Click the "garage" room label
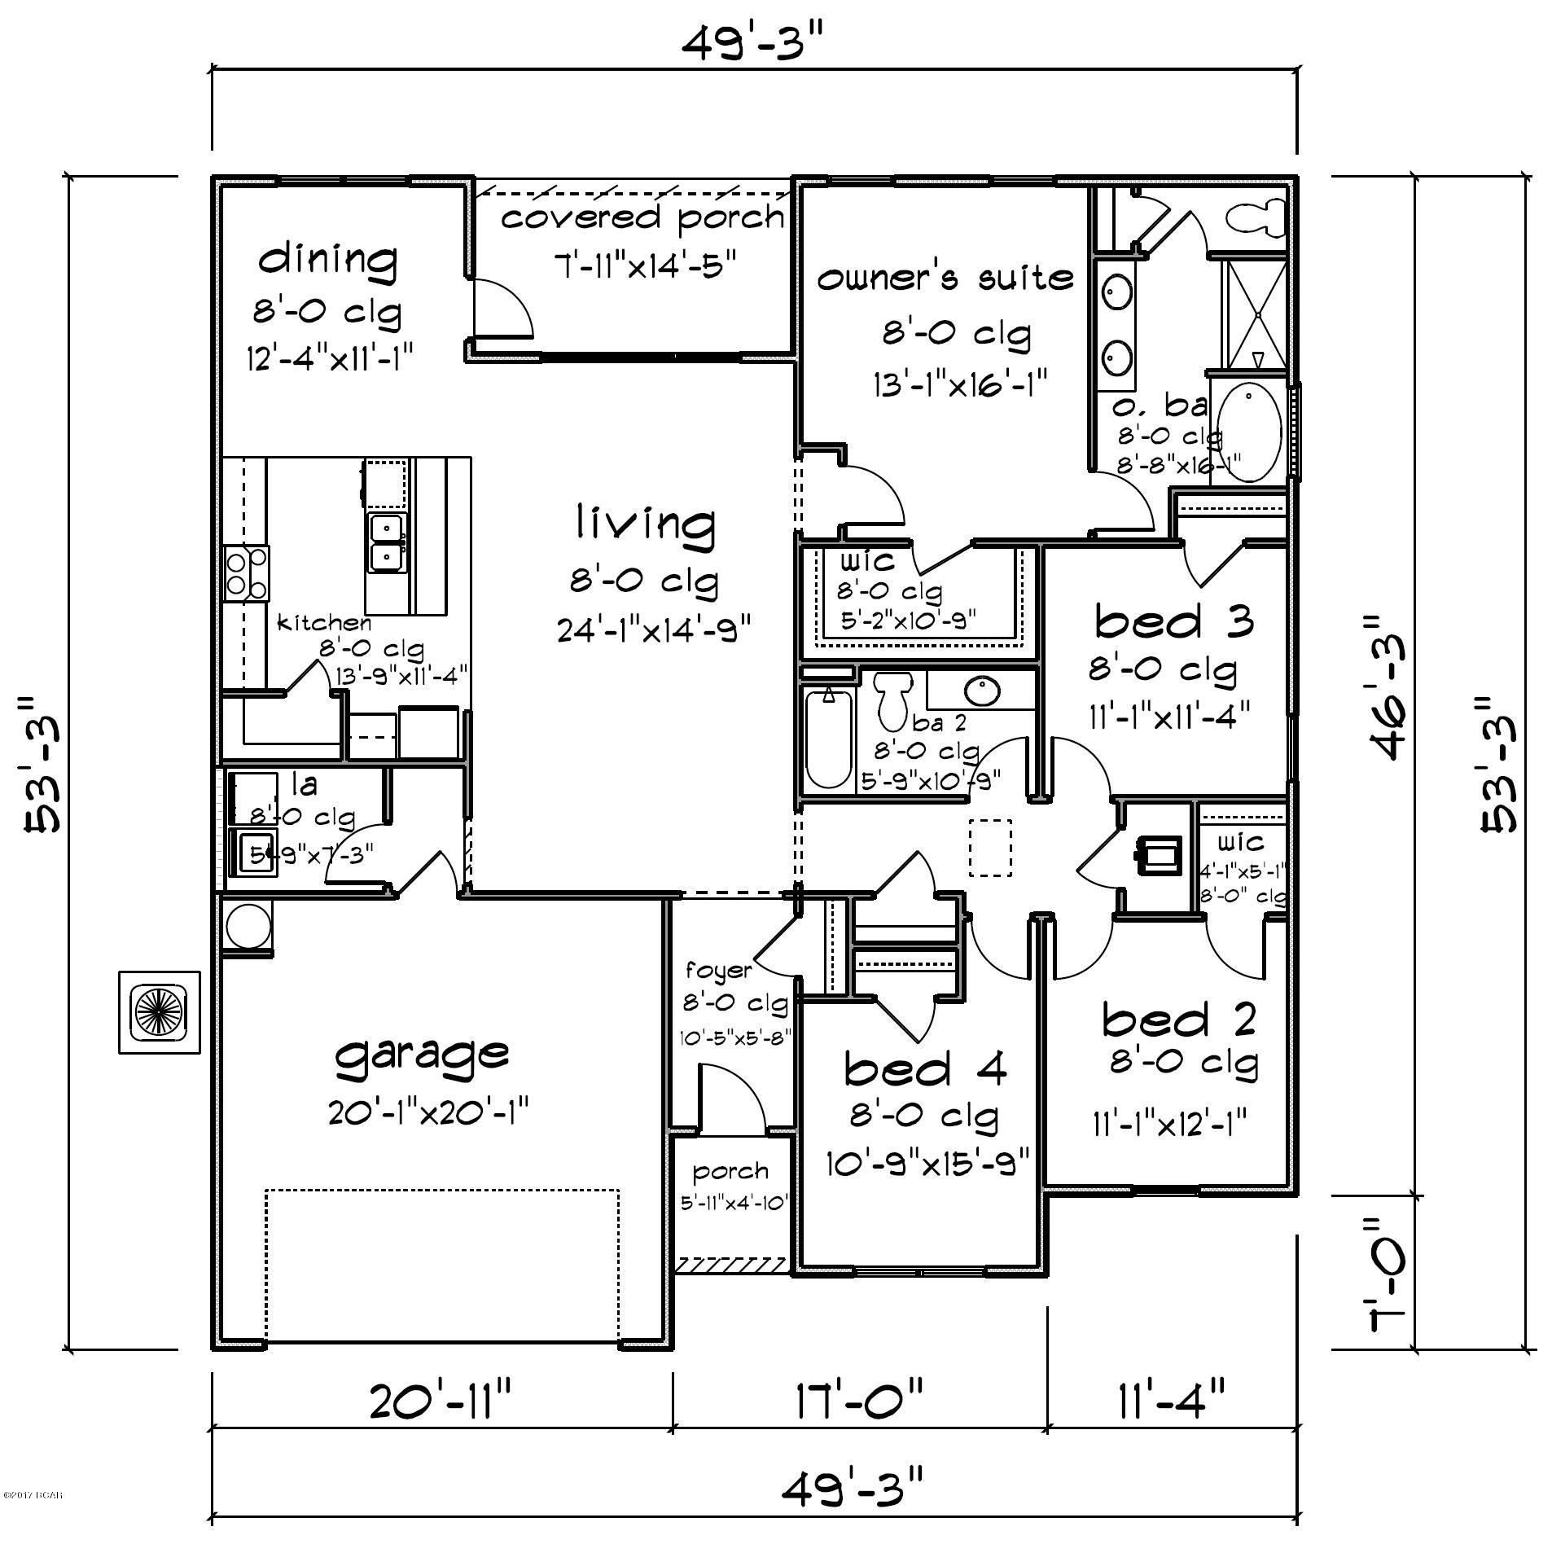click(422, 1055)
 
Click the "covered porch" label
click(642, 217)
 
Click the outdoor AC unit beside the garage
click(160, 1012)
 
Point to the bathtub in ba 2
click(828, 738)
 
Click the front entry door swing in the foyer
click(731, 1102)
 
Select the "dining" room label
click(328, 260)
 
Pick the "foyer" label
click(717, 971)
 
